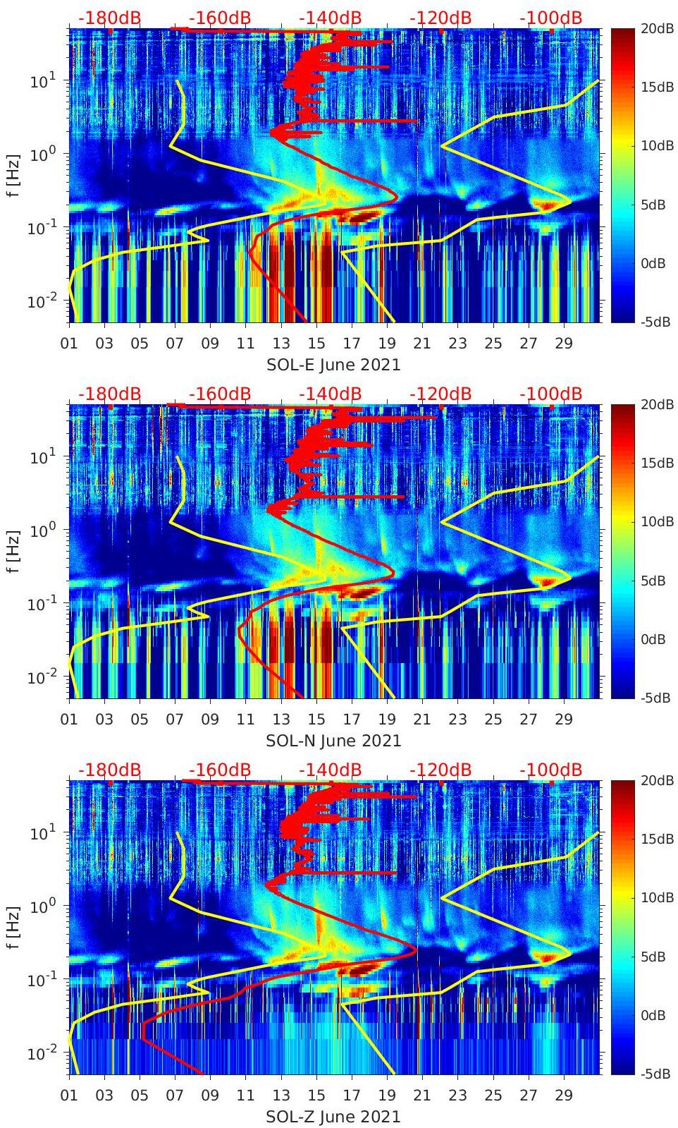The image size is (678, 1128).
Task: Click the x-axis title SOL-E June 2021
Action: [x=333, y=365]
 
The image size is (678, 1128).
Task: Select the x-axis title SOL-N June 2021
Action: [x=333, y=741]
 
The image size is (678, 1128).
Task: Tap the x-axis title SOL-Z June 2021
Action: [x=333, y=1117]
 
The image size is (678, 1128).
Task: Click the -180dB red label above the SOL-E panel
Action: [x=109, y=18]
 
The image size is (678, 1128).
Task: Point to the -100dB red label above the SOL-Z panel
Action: [x=551, y=770]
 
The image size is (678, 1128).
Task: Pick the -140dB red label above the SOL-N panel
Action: [x=330, y=394]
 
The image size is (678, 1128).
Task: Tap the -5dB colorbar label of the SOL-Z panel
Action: [x=656, y=1074]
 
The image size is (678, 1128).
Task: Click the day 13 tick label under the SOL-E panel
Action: [x=281, y=344]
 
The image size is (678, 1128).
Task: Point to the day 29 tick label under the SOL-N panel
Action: [x=564, y=720]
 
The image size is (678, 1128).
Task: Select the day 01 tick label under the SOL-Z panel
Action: [x=69, y=1096]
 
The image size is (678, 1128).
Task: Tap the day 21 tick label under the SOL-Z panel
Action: [x=422, y=1096]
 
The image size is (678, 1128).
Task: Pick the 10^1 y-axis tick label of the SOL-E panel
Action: [x=42, y=81]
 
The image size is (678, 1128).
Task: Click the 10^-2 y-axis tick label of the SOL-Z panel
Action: [x=41, y=1053]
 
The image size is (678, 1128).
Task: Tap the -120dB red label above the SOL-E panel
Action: [x=440, y=18]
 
